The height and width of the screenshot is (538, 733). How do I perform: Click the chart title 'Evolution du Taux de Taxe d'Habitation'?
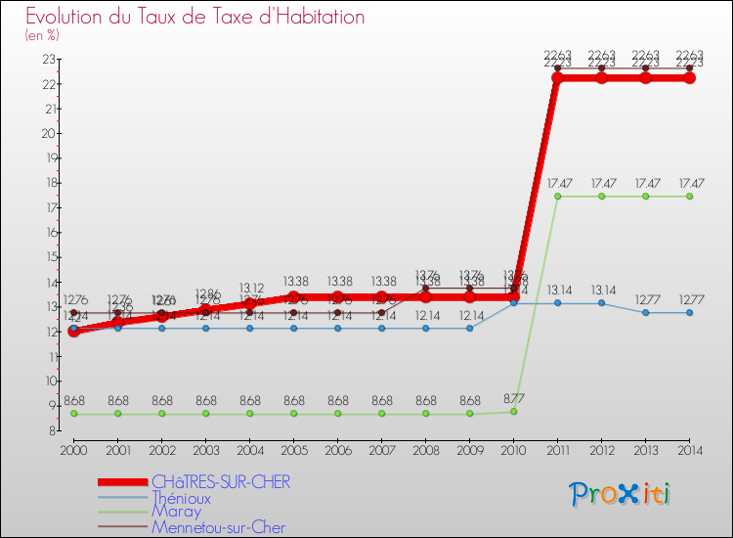[x=195, y=17]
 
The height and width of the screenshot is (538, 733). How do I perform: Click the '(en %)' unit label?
[x=42, y=35]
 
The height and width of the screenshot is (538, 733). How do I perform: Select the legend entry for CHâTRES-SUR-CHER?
[x=221, y=481]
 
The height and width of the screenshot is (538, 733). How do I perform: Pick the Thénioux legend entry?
[x=181, y=498]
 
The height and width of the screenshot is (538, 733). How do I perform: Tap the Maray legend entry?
[x=176, y=512]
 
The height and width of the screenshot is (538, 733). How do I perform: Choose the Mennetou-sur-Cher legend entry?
[x=219, y=527]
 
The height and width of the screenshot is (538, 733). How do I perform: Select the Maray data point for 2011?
[x=557, y=196]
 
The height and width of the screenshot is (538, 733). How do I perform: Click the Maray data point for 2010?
[x=513, y=412]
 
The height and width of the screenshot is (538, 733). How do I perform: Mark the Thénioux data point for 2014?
[x=689, y=312]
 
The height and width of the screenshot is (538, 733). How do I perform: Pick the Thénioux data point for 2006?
[x=337, y=328]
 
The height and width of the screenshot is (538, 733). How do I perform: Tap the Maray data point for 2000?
[x=73, y=414]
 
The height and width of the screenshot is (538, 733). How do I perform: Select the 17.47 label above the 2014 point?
[x=689, y=183]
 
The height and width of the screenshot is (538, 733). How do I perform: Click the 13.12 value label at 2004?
[x=250, y=288]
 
